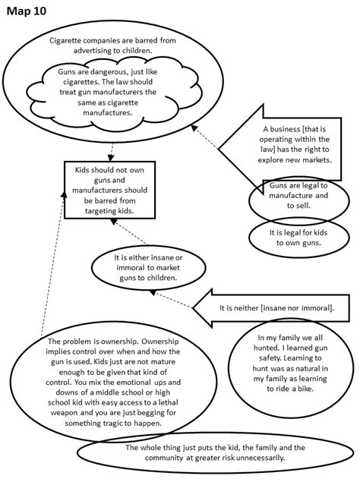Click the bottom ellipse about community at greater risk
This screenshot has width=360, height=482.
(x=205, y=453)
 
